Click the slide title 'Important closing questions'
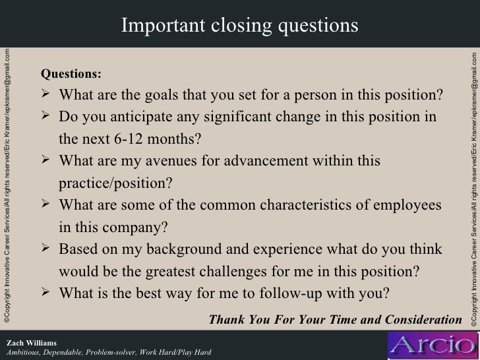(x=239, y=24)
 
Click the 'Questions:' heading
(x=71, y=73)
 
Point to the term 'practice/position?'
(x=115, y=184)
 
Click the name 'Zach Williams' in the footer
(x=31, y=342)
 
